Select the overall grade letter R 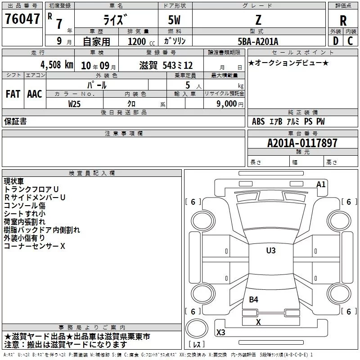[x=343, y=21]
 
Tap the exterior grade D [x=335, y=41]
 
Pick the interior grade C [x=350, y=41]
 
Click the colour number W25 [x=75, y=103]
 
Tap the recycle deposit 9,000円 [x=229, y=103]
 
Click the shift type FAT [x=13, y=94]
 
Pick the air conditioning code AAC [x=35, y=94]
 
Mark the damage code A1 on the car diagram [x=321, y=184]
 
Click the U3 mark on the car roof [x=270, y=251]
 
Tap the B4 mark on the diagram [x=254, y=299]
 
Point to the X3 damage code [x=221, y=332]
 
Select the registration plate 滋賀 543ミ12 [x=166, y=65]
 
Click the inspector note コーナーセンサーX [x=35, y=246]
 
